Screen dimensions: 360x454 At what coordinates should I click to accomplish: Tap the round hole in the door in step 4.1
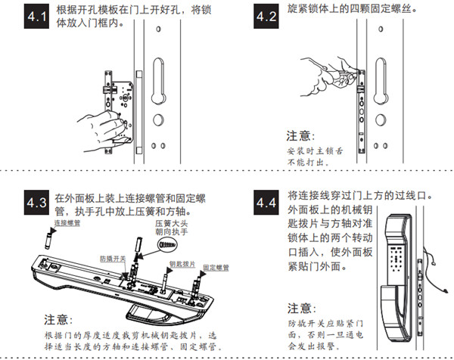click(x=157, y=119)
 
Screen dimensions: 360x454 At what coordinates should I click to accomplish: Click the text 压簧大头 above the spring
click(x=170, y=224)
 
